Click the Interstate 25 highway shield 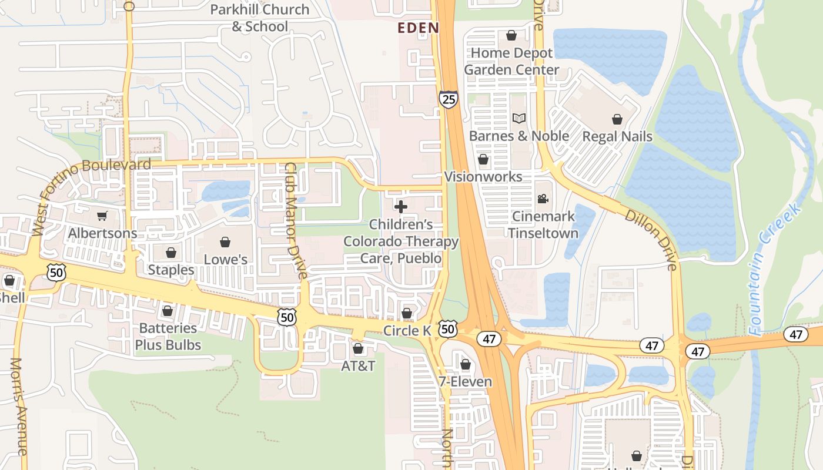448,99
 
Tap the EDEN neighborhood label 418,28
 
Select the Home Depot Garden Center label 511,61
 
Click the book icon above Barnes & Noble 518,119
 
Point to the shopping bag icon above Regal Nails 617,120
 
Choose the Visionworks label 483,177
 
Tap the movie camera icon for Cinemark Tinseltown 543,199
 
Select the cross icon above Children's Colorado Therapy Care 401,207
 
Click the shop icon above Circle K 406,313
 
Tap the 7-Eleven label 465,382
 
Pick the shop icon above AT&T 358,349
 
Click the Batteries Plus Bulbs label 168,337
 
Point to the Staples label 171,270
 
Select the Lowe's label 225,260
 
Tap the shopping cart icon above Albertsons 102,216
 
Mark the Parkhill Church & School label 260,18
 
